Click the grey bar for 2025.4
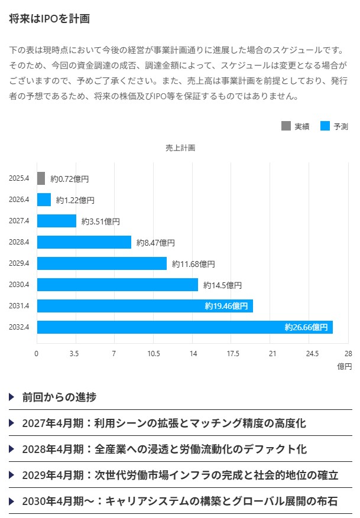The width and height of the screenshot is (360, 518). coord(41,178)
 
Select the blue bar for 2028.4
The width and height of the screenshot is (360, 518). coord(84,242)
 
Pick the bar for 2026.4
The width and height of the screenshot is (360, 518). coord(44,200)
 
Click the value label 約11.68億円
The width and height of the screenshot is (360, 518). coord(193,264)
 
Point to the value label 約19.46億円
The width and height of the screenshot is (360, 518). coord(226,306)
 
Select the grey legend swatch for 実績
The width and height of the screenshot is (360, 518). coord(286,126)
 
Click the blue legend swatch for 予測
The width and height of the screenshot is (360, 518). coord(325,126)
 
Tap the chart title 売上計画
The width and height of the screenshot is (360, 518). coord(180,148)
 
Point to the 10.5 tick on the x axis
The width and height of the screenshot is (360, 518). coord(154,354)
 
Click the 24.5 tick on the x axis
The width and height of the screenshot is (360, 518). coord(312,354)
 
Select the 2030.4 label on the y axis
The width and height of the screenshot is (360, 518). coord(20,285)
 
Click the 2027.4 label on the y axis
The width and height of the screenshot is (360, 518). coord(20,221)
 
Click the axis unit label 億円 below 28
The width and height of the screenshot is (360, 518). coord(345,367)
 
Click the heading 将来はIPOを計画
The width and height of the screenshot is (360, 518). coord(49,19)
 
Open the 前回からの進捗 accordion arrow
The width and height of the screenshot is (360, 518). coord(12,397)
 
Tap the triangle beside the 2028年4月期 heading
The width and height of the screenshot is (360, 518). coord(12,449)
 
